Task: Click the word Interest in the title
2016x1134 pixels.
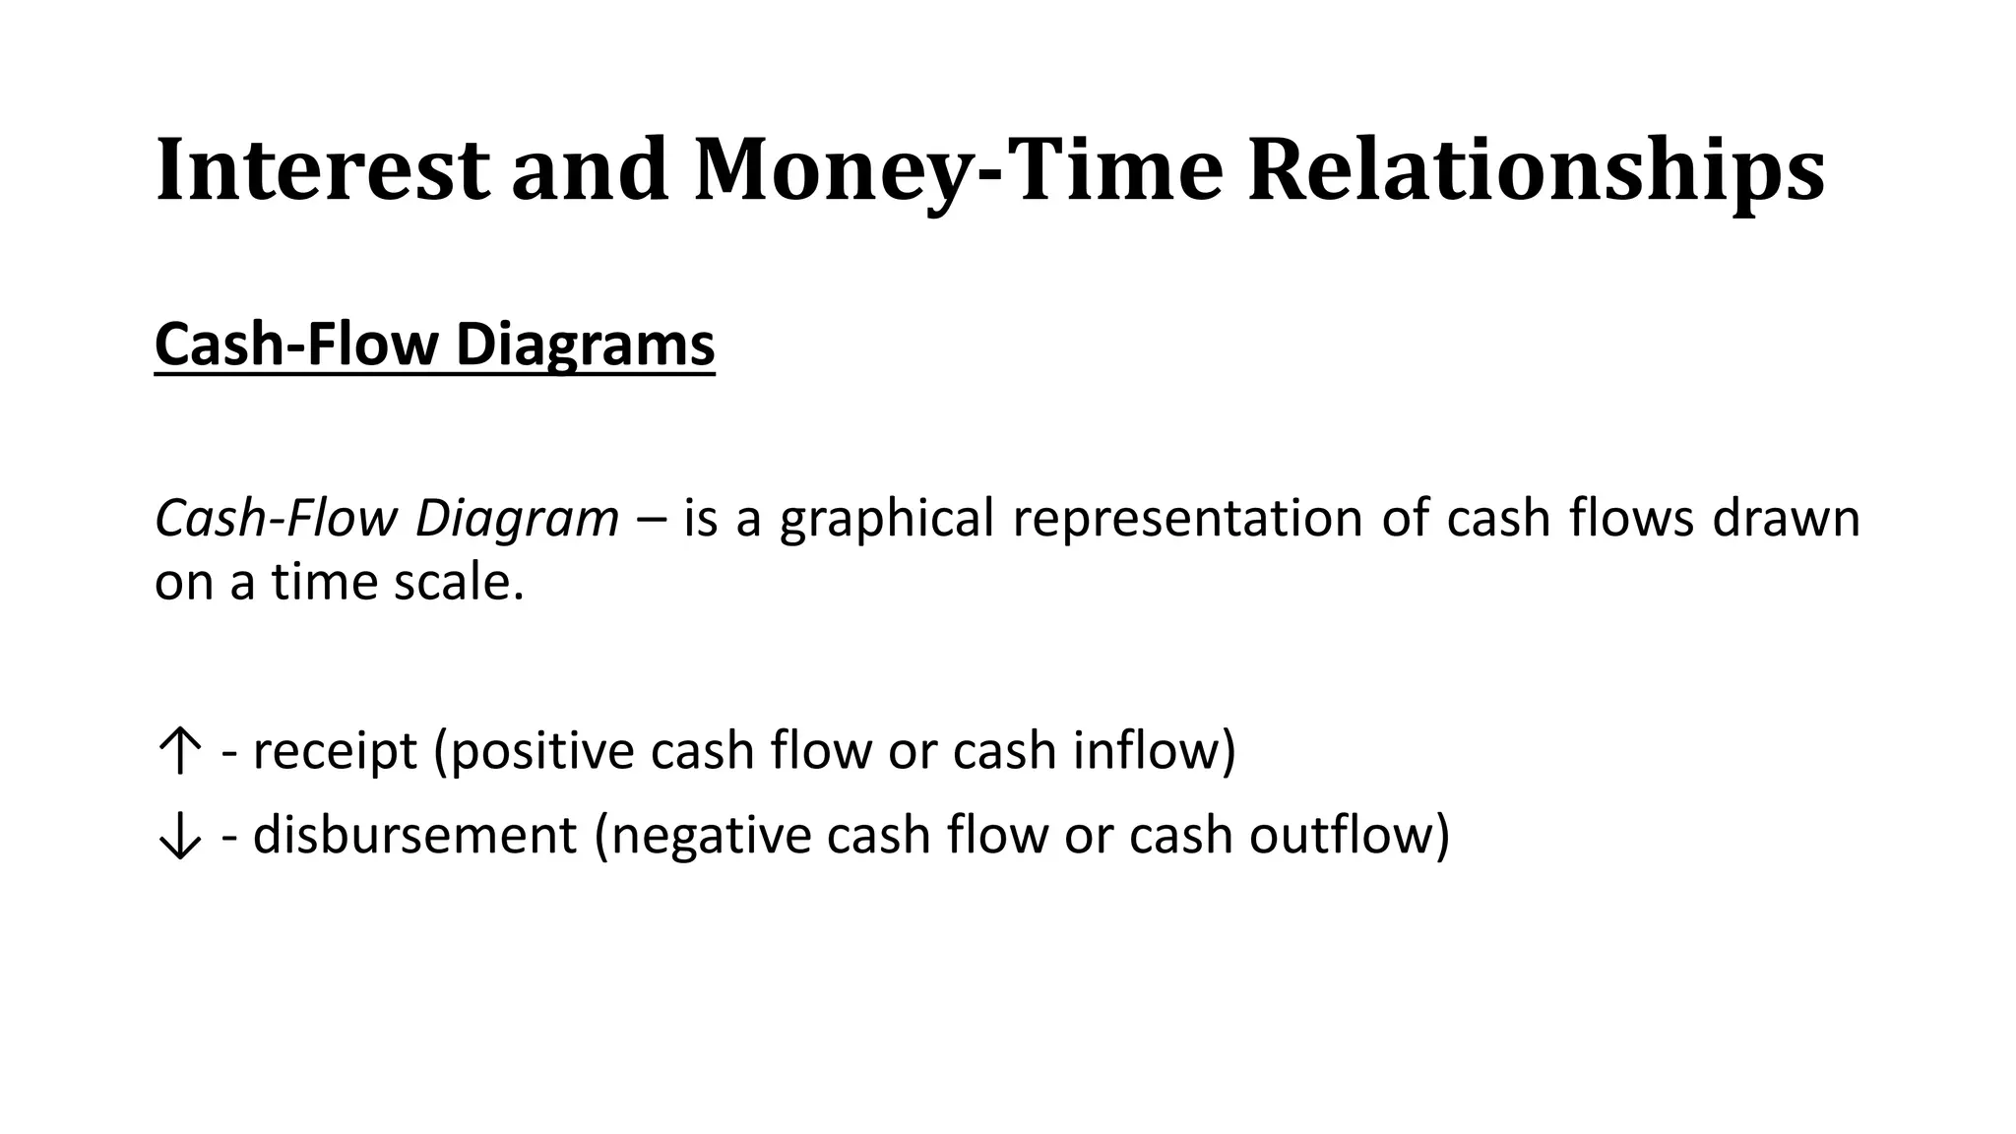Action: click(x=322, y=170)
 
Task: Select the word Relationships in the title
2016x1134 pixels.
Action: click(x=1536, y=170)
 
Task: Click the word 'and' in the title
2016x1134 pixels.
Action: click(x=590, y=170)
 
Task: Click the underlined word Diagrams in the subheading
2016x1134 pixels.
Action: click(x=585, y=345)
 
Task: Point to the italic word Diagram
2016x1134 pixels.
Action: click(x=517, y=519)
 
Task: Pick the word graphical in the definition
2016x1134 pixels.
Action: click(x=887, y=519)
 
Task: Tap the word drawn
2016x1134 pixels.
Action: click(x=1786, y=519)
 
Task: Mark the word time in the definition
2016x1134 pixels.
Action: click(x=324, y=582)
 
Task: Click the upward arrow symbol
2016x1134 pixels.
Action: click(x=179, y=753)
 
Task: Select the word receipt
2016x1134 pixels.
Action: click(x=335, y=751)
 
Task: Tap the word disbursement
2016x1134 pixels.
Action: click(x=413, y=836)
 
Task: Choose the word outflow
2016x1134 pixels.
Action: click(x=1343, y=836)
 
